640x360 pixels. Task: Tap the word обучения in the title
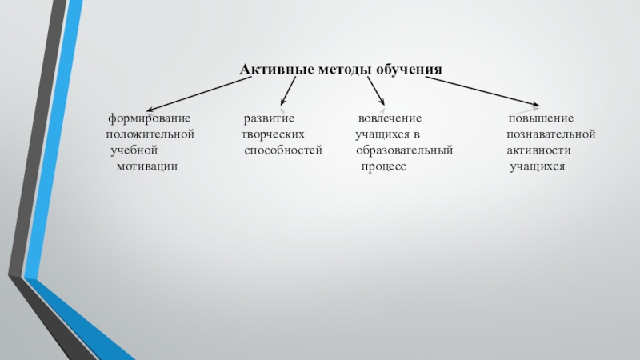click(x=409, y=70)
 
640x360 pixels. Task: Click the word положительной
click(x=150, y=134)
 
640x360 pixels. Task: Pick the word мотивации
click(x=146, y=166)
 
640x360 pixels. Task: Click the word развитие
click(x=269, y=119)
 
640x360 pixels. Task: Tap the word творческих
click(x=273, y=134)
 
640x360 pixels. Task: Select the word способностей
click(x=282, y=150)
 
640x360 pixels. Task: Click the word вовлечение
click(x=390, y=119)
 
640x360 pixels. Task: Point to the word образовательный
click(x=404, y=150)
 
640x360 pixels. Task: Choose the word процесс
click(x=383, y=166)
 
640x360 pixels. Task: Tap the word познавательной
click(x=550, y=134)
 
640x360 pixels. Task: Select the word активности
click(x=538, y=150)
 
